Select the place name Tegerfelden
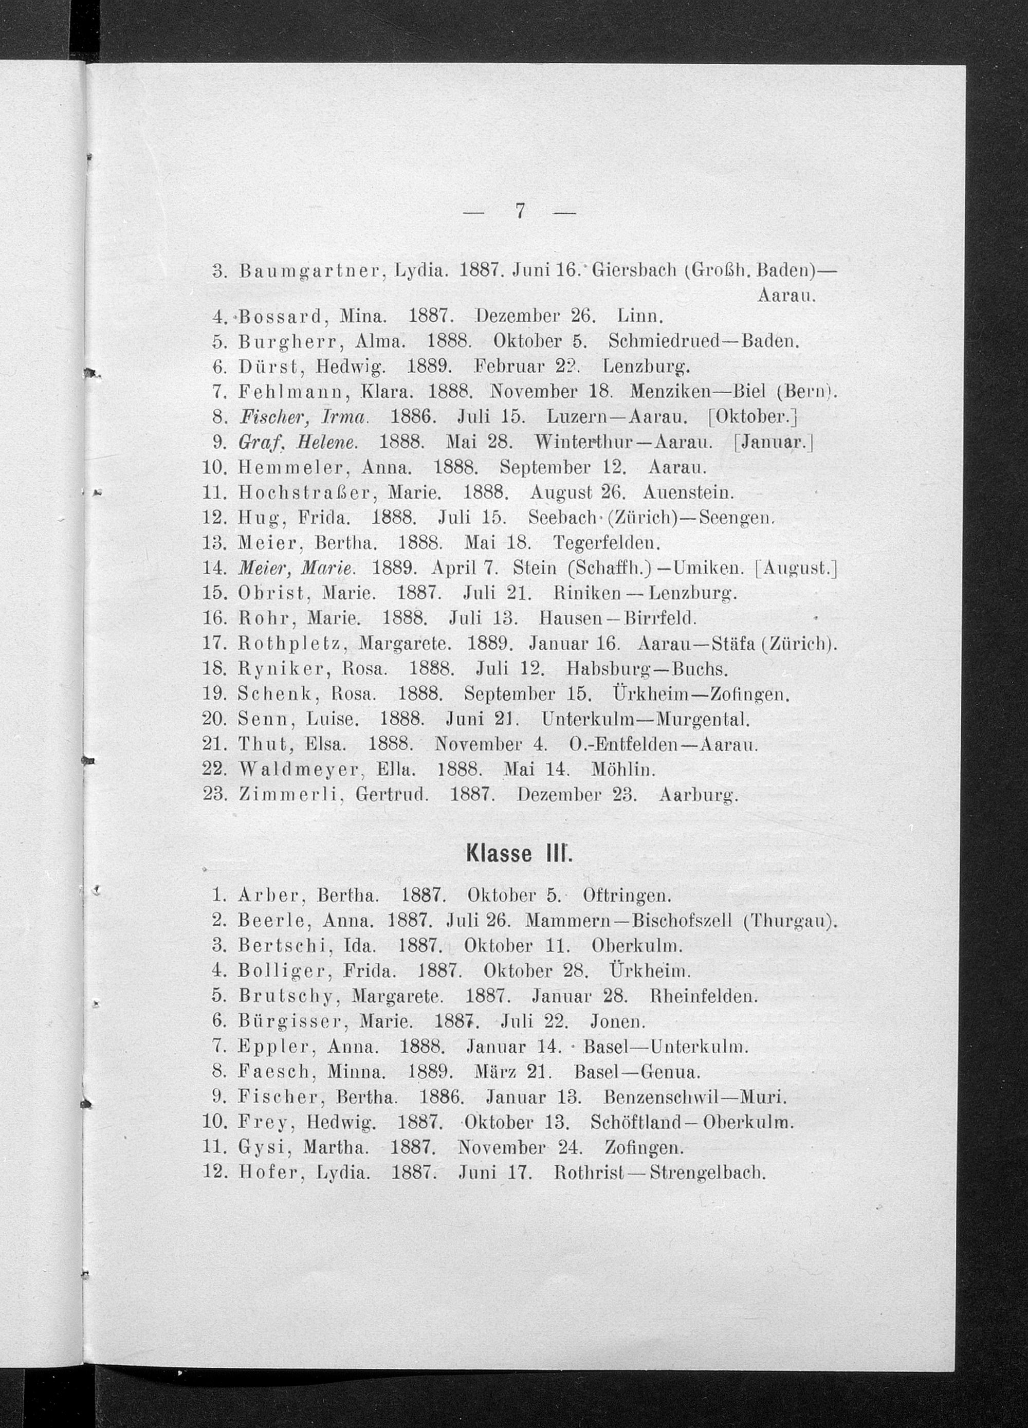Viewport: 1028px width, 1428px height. [x=605, y=542]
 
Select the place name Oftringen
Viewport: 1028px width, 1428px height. [x=628, y=894]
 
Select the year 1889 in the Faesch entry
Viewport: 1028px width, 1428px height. [x=428, y=1072]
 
